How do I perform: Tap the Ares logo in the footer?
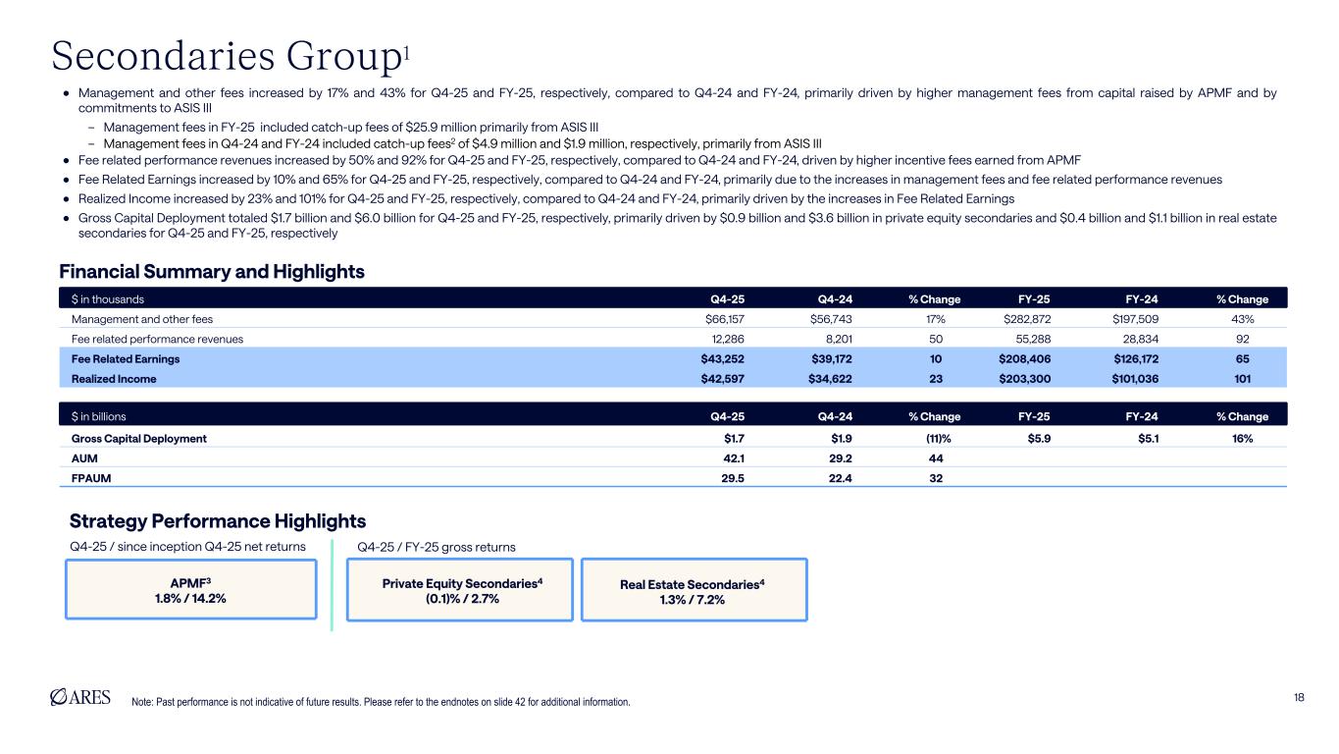[80, 696]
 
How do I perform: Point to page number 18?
[1299, 697]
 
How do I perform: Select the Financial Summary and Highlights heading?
[212, 271]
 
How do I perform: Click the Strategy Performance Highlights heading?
[218, 520]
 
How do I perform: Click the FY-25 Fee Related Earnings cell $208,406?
[1024, 358]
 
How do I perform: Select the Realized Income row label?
[114, 378]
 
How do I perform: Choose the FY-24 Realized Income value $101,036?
[1132, 378]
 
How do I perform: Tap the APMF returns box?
[191, 589]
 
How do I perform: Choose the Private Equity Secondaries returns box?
[460, 590]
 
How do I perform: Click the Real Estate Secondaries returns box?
[694, 590]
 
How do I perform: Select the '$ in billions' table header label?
[99, 415]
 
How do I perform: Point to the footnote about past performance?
[381, 702]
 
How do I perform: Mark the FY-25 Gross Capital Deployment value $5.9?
[1038, 439]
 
